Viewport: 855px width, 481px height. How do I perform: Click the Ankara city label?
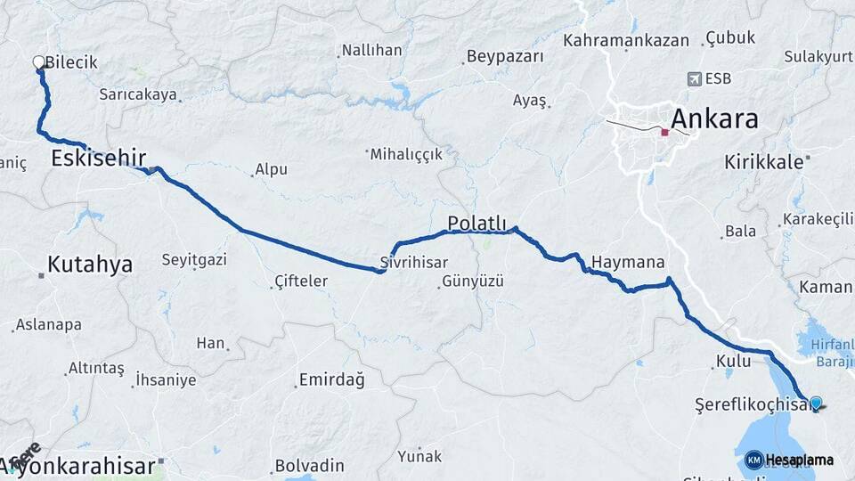(x=713, y=118)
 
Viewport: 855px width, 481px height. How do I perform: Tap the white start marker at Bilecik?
(x=39, y=62)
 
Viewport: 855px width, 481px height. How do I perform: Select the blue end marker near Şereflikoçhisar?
(x=816, y=404)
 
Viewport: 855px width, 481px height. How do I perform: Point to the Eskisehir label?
(x=98, y=159)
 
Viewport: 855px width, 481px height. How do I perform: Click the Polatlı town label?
(x=476, y=223)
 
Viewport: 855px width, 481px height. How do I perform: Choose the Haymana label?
(x=628, y=263)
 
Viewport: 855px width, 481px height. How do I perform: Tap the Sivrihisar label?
(x=411, y=264)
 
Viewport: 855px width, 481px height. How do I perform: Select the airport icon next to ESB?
(x=694, y=78)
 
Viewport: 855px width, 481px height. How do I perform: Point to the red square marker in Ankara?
(x=664, y=132)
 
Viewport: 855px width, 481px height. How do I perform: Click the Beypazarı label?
(x=505, y=57)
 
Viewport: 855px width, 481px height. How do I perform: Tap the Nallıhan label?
(x=372, y=50)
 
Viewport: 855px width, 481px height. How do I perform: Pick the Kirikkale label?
(x=764, y=162)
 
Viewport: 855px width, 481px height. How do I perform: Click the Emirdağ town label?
(x=331, y=380)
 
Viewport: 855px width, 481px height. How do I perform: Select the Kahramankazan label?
(x=626, y=40)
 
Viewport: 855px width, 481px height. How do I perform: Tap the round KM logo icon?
(x=753, y=460)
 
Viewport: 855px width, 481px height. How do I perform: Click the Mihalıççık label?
(x=406, y=154)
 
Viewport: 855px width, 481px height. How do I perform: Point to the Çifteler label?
(x=301, y=281)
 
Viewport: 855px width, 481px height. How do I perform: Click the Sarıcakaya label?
(x=138, y=94)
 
